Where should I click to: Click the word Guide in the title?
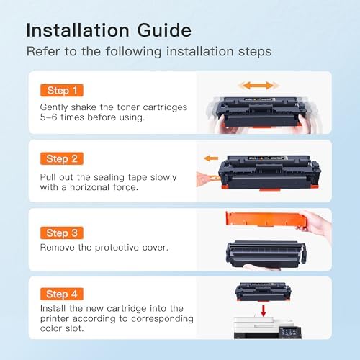(164, 30)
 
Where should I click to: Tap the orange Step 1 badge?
(62, 91)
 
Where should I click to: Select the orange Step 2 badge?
(62, 158)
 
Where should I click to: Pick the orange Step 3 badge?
(62, 233)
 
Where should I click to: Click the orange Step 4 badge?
(62, 294)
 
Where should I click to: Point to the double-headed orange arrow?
(258, 86)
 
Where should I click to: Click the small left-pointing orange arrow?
(211, 158)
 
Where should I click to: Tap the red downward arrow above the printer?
(264, 310)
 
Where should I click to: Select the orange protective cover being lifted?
(265, 219)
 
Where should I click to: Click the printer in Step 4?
(267, 328)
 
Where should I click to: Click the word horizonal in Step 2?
(90, 187)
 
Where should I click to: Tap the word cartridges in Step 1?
(165, 107)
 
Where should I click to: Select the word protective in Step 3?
(117, 248)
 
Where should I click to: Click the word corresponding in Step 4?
(162, 319)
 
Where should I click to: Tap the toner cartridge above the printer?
(264, 292)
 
